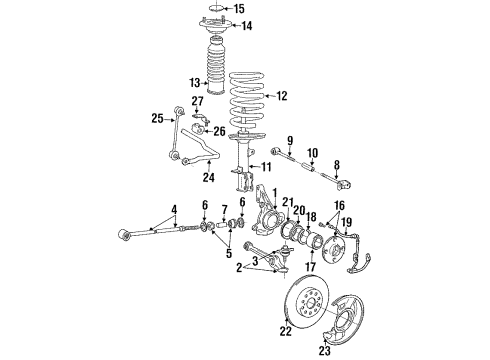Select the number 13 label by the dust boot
pos(196,82)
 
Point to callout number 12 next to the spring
pos(281,96)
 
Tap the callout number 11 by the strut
pos(266,166)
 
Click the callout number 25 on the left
pos(157,119)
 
